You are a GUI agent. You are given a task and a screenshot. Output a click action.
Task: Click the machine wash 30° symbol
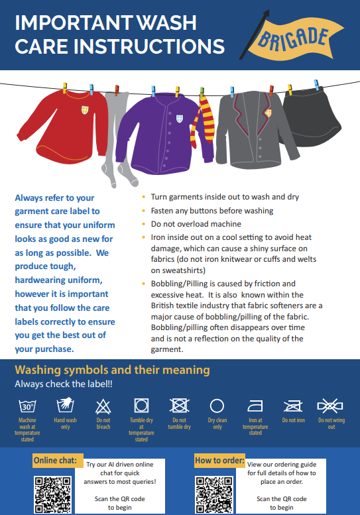(27, 406)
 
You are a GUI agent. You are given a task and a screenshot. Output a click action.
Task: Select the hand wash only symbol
(66, 406)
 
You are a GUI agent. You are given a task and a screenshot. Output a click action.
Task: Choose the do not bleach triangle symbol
(103, 406)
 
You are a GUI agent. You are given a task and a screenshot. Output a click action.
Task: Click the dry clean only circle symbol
(217, 406)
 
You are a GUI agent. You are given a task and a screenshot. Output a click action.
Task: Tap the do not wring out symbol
(330, 406)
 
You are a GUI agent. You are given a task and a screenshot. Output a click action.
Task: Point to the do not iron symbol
(293, 406)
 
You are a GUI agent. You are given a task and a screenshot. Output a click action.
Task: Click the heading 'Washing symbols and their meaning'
(112, 370)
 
